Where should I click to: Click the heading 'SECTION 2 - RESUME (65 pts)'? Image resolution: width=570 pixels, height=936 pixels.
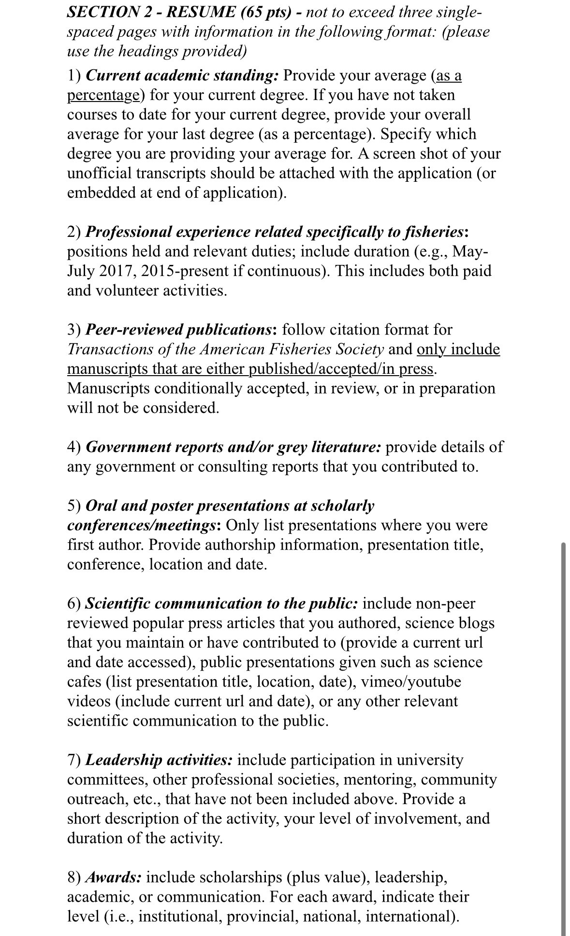[179, 12]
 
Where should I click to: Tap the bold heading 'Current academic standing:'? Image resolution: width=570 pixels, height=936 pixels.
[182, 75]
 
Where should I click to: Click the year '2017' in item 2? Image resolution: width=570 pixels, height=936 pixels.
[116, 271]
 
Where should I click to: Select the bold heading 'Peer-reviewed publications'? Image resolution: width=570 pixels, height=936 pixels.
[178, 330]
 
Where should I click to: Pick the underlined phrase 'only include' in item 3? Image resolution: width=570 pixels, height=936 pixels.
[458, 349]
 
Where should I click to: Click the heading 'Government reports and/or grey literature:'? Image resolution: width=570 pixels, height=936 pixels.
[234, 447]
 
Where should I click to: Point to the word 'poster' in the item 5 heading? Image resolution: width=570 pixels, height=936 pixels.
[179, 506]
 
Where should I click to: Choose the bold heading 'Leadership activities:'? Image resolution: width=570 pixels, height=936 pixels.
[159, 760]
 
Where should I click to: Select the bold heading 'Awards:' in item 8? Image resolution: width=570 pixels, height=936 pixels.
[114, 877]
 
